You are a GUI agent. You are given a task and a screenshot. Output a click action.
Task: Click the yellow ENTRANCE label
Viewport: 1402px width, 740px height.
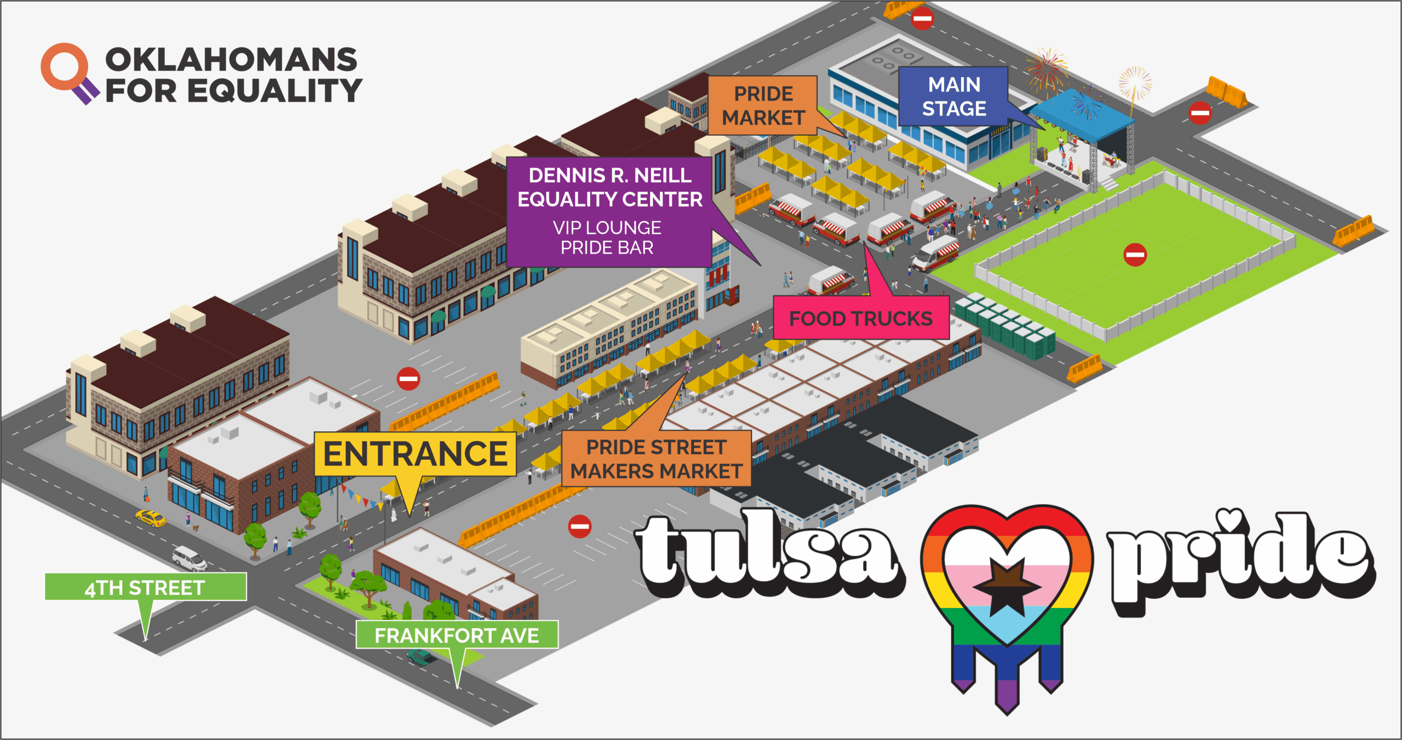[415, 454]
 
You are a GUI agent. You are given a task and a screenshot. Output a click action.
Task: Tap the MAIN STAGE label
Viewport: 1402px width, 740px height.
[954, 97]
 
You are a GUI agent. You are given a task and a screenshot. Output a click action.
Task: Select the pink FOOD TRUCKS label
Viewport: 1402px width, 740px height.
[861, 318]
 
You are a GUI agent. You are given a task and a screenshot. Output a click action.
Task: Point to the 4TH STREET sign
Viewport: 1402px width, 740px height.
[145, 587]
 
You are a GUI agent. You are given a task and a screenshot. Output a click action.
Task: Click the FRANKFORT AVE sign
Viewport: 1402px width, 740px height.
[457, 635]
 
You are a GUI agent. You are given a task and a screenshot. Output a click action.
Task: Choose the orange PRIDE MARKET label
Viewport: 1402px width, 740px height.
[763, 106]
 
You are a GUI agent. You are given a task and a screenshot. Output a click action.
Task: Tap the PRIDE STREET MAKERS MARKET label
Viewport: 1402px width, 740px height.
[656, 459]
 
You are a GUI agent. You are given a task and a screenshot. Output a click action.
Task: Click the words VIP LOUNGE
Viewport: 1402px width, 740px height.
[607, 228]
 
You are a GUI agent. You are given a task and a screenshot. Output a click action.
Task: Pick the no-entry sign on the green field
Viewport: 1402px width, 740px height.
[1135, 255]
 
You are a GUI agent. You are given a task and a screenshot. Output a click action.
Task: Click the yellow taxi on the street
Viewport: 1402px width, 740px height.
[150, 517]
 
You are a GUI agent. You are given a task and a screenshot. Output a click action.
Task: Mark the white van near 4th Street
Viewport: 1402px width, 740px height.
[189, 558]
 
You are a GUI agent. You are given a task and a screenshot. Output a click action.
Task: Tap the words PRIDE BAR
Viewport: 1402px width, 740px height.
[607, 248]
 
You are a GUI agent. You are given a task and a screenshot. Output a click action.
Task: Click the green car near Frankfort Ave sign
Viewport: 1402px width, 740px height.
[422, 656]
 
